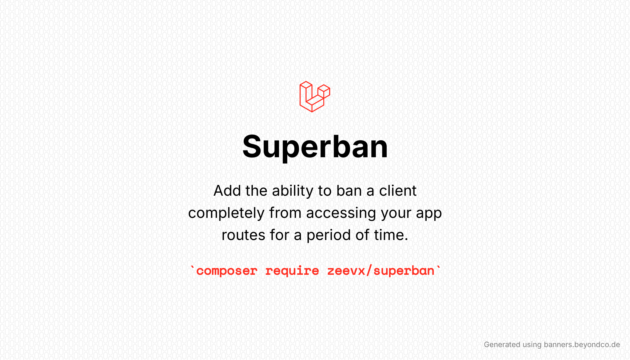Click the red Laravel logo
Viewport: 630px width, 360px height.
315,97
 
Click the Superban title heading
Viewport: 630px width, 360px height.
315,147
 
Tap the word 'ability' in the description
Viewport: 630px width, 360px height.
293,191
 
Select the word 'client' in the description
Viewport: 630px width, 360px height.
397,191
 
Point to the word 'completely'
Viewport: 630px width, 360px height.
226,213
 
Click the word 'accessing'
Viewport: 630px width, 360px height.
341,213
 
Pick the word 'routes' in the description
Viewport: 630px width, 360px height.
243,235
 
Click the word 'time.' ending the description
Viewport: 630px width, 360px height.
391,235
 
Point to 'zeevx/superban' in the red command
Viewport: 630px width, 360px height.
381,271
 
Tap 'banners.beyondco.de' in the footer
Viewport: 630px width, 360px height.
582,345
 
